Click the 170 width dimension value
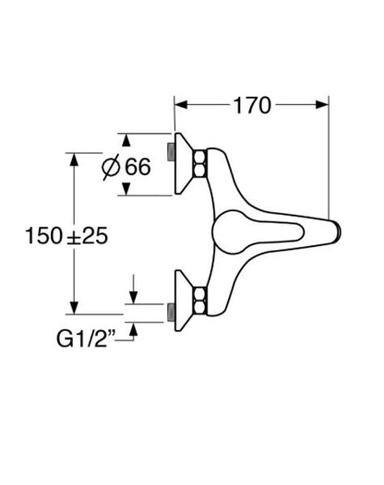click(252, 106)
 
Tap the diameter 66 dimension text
click(126, 167)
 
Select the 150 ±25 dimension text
click(66, 236)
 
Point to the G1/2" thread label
click(86, 338)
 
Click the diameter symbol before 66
click(111, 167)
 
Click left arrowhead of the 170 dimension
click(181, 104)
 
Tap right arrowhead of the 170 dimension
click(322, 104)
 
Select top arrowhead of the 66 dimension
click(126, 140)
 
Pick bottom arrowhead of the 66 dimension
click(126, 189)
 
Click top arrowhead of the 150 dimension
click(74, 160)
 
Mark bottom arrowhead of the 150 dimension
click(74, 307)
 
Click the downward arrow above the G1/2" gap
click(133, 290)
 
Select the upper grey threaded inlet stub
click(171, 151)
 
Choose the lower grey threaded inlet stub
click(171, 313)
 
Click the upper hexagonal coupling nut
click(199, 164)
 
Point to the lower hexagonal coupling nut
click(199, 301)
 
